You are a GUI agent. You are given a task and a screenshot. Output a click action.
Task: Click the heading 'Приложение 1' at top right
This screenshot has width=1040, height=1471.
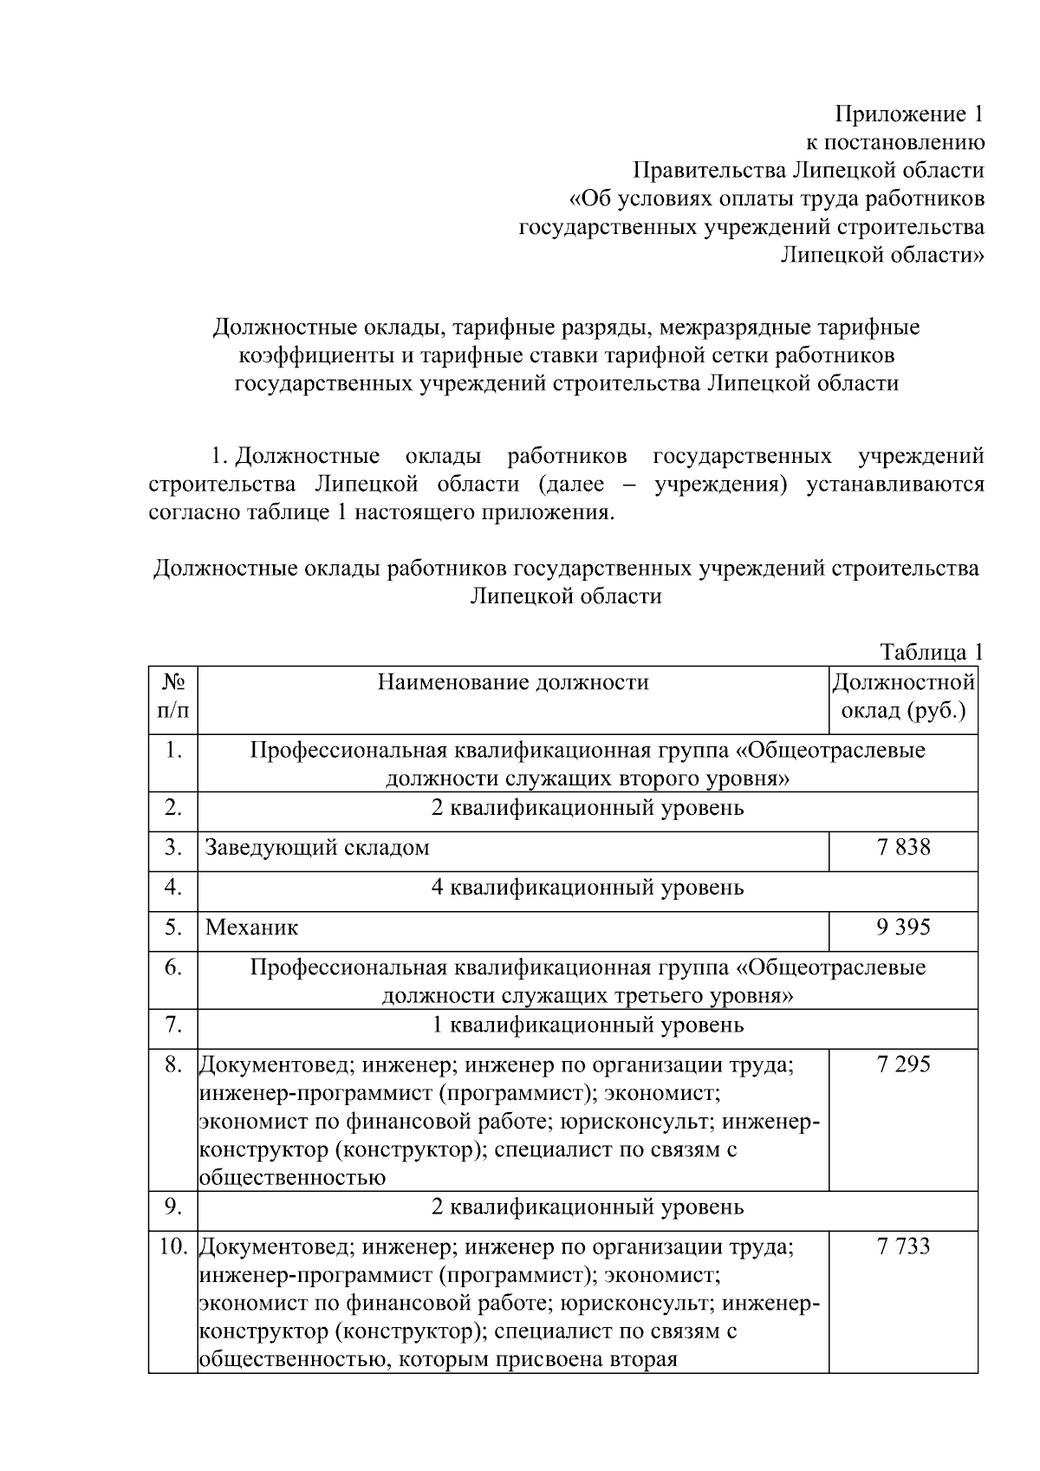pos(909,114)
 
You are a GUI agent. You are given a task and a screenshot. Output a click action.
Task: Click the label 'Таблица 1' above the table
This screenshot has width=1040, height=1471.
pos(932,652)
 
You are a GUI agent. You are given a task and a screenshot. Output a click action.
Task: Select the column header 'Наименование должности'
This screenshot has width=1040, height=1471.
pos(513,683)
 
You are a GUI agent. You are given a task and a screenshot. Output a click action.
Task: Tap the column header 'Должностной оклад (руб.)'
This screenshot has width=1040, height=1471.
pos(903,697)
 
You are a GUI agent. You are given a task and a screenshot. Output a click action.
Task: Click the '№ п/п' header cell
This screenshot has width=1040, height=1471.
pos(172,697)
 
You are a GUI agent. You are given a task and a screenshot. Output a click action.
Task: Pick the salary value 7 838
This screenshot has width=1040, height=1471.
pos(903,847)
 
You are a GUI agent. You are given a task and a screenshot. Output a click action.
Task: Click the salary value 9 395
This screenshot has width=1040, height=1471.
pos(903,928)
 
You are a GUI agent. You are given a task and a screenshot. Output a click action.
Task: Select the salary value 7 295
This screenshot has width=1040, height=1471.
pos(903,1064)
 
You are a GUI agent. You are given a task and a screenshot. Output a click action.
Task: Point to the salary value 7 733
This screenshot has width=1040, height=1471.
pos(903,1246)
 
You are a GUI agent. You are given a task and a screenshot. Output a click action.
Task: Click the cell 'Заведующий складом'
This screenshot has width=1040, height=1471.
pos(317,848)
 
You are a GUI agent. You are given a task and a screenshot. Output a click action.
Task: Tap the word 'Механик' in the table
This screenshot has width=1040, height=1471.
pos(251,928)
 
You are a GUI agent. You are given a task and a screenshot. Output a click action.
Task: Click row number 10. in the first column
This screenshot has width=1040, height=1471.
pos(173,1247)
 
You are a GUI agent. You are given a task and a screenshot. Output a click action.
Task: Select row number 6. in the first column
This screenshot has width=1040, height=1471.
pos(173,968)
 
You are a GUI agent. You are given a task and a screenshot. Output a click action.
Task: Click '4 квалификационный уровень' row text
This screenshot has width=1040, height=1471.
pos(588,888)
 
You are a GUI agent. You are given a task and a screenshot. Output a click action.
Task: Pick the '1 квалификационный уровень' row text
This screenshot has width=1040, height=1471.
pos(588,1025)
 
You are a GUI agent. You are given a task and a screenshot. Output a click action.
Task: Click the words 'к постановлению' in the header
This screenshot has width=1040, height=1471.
pos(895,143)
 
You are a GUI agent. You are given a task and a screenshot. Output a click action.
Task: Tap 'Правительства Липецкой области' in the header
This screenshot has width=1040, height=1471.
pos(808,171)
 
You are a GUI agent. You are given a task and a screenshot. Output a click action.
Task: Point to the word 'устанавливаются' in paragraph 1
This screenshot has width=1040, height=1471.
pos(895,484)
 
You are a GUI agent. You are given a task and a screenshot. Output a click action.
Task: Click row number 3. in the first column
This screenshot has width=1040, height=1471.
pos(173,848)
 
